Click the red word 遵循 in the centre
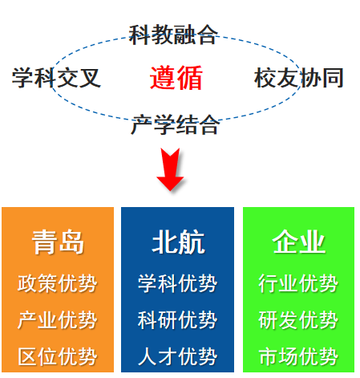[176, 78]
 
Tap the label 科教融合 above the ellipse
[173, 35]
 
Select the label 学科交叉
[56, 78]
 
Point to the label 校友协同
[299, 78]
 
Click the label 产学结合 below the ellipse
[175, 124]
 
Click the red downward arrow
[170, 169]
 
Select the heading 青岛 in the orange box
[58, 242]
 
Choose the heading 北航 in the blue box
[178, 242]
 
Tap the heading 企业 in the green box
[299, 242]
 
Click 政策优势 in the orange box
[58, 283]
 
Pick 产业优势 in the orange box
[58, 320]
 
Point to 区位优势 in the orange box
[58, 356]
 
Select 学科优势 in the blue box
[177, 283]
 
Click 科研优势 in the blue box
[177, 320]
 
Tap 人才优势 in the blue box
[177, 356]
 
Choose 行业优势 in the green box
[298, 283]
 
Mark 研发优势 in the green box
[298, 320]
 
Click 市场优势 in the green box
[298, 356]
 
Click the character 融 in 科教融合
[184, 35]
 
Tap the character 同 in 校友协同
[333, 78]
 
